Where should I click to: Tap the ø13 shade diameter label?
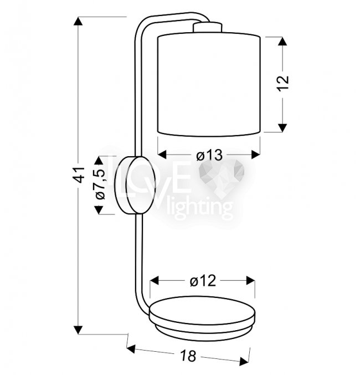(x=209, y=156)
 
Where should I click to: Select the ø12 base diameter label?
(x=203, y=281)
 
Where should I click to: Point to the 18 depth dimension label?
(x=188, y=356)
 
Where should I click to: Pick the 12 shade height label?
(x=283, y=84)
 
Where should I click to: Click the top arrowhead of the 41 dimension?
(x=78, y=21)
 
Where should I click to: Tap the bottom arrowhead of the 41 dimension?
(x=78, y=330)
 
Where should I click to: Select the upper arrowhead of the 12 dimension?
(x=282, y=42)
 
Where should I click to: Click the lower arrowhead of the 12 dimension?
(x=282, y=128)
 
